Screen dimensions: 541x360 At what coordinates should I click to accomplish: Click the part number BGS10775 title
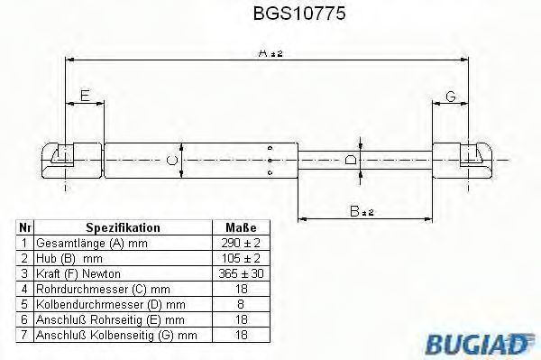[x=299, y=14]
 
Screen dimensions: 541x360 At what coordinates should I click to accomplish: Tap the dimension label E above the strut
[x=85, y=96]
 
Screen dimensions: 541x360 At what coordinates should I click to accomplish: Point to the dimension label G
[x=451, y=97]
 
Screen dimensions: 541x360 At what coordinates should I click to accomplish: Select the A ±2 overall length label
[x=270, y=53]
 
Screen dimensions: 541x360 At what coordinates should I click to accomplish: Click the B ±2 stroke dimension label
[x=362, y=211]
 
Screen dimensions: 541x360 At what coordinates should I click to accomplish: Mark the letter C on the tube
[x=171, y=161]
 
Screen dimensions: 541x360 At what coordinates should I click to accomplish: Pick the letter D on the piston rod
[x=351, y=160]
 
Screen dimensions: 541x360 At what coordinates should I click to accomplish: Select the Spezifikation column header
[x=123, y=227]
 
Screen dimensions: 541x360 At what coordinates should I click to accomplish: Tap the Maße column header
[x=241, y=227]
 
